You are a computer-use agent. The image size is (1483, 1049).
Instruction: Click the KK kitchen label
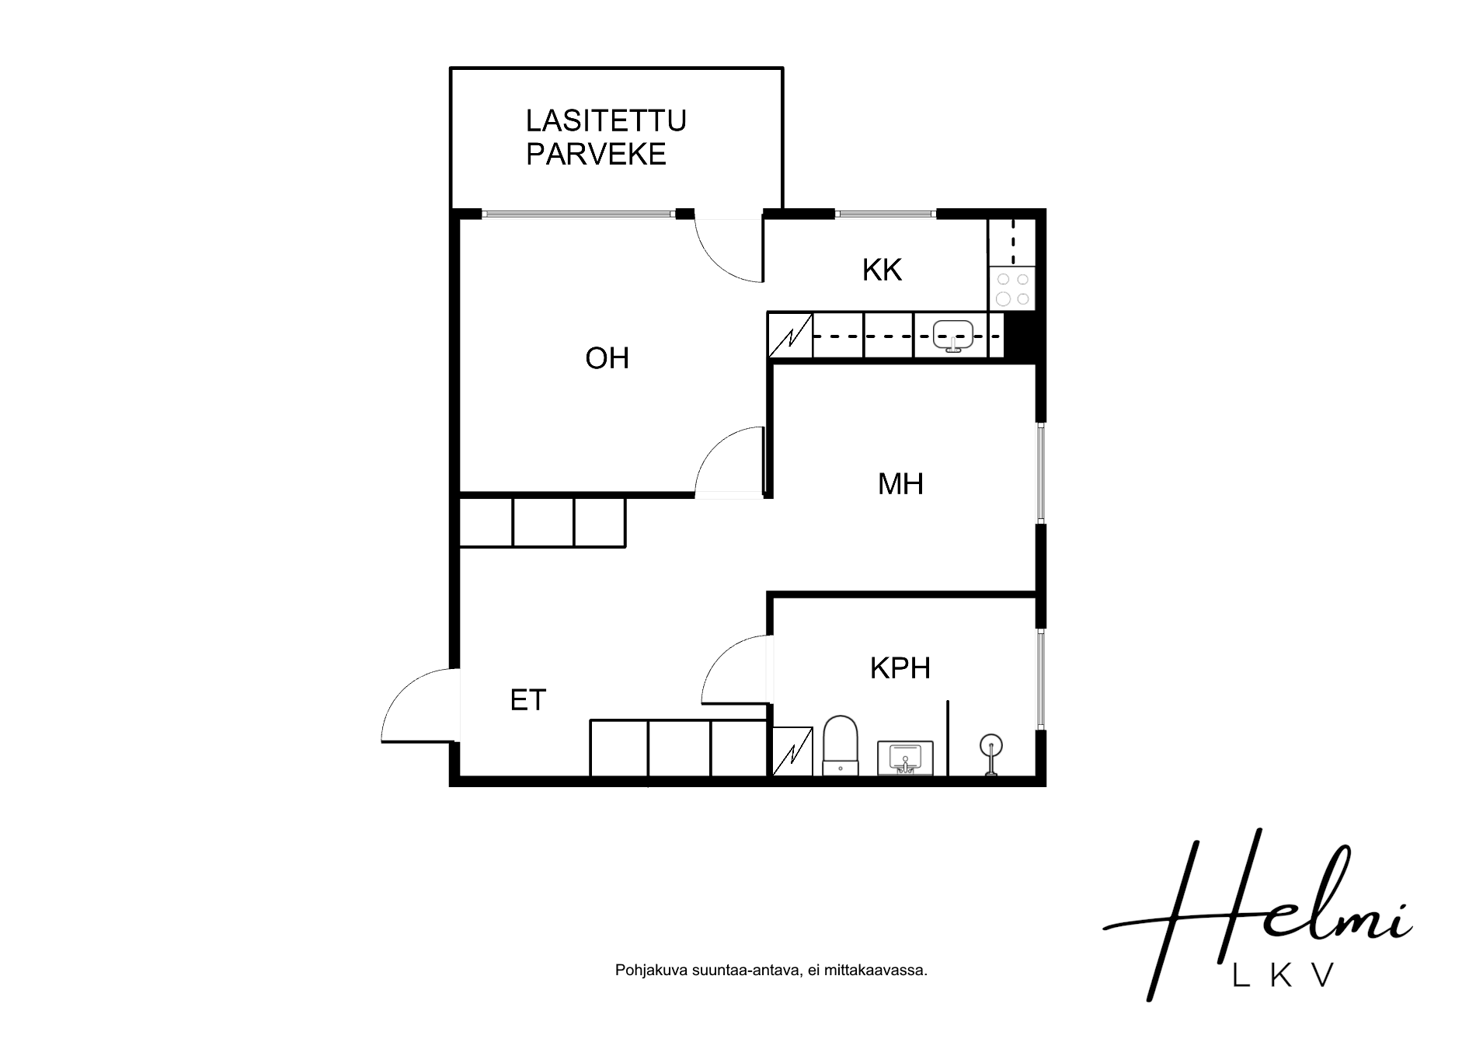click(882, 270)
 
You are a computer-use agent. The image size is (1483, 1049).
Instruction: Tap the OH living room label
click(607, 358)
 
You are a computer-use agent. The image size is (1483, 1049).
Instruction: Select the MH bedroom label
click(900, 484)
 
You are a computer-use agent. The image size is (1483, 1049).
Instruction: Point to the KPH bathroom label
click(900, 667)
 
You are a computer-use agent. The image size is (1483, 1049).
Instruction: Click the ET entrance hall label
click(528, 700)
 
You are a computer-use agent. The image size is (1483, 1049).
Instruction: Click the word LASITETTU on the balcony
click(606, 120)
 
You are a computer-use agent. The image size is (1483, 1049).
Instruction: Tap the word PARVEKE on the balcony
click(596, 154)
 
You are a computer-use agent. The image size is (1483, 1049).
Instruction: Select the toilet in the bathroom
click(841, 745)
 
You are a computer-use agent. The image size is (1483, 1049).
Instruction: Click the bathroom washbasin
click(905, 758)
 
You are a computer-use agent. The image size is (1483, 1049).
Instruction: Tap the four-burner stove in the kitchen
click(1012, 289)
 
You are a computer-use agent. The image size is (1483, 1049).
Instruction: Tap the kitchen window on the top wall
click(886, 213)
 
